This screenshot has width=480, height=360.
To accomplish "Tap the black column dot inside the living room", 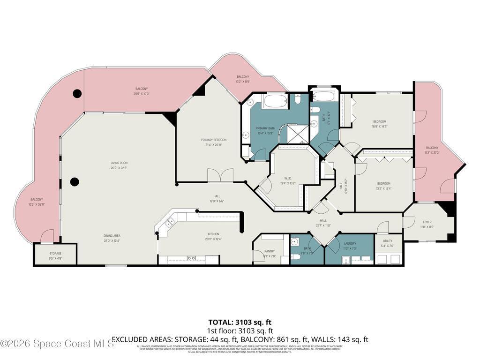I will click(x=74, y=181).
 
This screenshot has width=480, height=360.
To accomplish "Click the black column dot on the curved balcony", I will click(x=77, y=93).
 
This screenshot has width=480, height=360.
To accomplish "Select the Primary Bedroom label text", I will click(x=213, y=140).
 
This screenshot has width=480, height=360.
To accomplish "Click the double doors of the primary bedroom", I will click(x=220, y=175).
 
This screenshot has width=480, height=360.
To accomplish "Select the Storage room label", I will click(x=55, y=254).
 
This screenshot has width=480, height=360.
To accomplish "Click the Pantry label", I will click(x=269, y=251).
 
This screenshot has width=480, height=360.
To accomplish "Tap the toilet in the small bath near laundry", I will click(x=296, y=256).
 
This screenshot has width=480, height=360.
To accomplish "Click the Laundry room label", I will click(x=349, y=243).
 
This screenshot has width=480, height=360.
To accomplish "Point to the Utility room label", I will click(x=387, y=240).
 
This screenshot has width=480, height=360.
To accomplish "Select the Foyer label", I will click(x=427, y=222).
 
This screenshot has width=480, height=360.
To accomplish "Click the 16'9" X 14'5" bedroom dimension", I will click(x=380, y=127).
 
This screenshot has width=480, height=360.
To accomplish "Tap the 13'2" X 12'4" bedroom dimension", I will click(x=383, y=188).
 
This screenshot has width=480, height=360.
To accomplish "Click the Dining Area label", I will click(x=112, y=235).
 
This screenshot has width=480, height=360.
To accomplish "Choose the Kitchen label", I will click(x=213, y=234).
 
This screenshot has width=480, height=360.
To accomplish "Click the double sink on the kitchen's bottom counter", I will click(x=191, y=258).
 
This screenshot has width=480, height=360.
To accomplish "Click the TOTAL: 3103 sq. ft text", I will click(x=240, y=322).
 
